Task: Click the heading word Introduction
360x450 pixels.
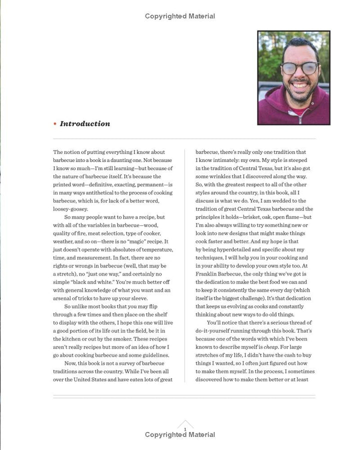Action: pos(85,123)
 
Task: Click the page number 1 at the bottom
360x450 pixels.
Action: pos(185,429)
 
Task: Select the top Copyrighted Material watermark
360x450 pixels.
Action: pos(180,16)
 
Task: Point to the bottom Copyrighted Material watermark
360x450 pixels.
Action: pos(180,435)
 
